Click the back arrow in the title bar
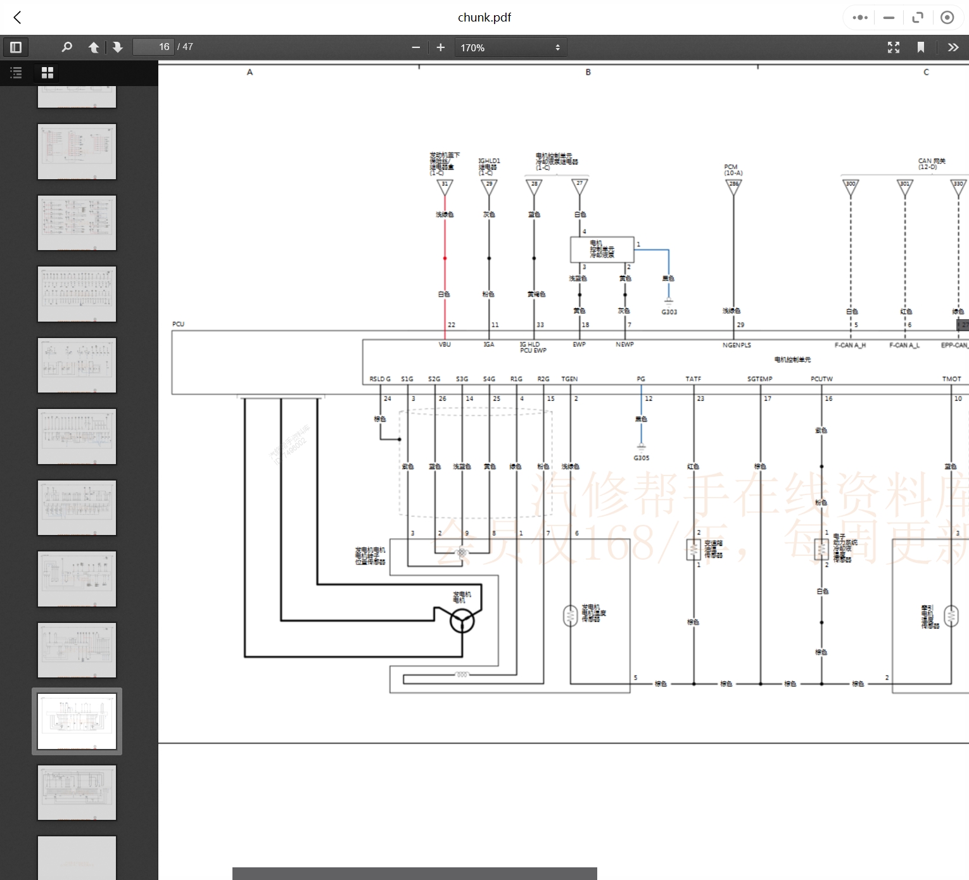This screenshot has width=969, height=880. [x=18, y=18]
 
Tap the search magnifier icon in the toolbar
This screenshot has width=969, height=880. [x=66, y=47]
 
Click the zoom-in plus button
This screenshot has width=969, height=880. [x=441, y=47]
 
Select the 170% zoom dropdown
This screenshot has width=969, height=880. [x=510, y=47]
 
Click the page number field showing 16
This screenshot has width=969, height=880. [x=153, y=47]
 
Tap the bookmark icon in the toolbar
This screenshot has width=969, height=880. [x=921, y=47]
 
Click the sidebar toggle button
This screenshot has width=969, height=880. [x=16, y=47]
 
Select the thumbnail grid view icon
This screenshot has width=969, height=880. [x=47, y=73]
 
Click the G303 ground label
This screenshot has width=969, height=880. [x=669, y=312]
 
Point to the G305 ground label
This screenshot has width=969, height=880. [x=641, y=458]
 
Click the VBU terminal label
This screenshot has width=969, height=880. [x=445, y=344]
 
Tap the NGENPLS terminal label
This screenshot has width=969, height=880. [x=737, y=345]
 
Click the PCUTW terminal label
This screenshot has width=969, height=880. [x=821, y=379]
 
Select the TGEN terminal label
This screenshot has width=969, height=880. [x=569, y=379]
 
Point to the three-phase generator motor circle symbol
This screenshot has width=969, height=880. [x=462, y=621]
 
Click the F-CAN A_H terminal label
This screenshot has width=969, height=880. [x=850, y=345]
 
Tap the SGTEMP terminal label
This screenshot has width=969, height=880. [x=759, y=379]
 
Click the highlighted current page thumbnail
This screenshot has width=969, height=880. [x=77, y=721]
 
